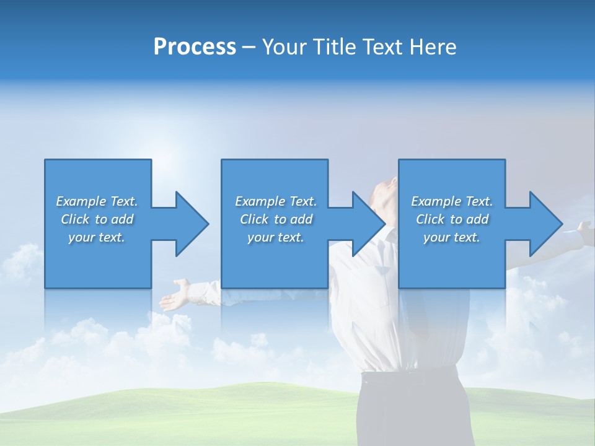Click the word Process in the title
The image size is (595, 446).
(x=195, y=47)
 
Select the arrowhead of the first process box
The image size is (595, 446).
(x=192, y=224)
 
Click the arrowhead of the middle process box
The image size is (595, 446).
(x=369, y=224)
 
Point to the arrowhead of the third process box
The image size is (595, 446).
(x=547, y=224)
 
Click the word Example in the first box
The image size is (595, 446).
(x=81, y=201)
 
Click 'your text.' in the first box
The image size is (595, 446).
(x=97, y=237)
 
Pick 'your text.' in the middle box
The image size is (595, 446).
(x=276, y=237)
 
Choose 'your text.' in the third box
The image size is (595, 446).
(x=452, y=237)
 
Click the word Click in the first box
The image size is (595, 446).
(x=75, y=219)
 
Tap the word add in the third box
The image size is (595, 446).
(x=478, y=219)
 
